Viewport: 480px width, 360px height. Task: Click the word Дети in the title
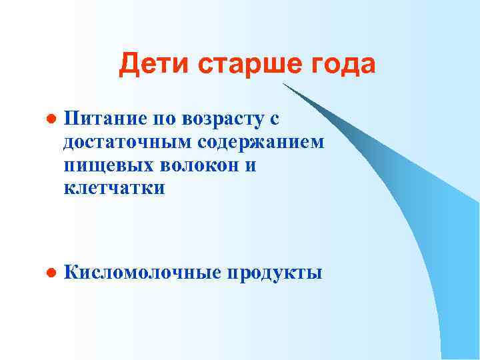(x=147, y=65)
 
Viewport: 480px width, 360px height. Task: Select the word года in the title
(x=343, y=65)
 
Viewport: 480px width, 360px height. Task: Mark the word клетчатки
(x=113, y=187)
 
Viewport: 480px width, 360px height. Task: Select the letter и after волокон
(x=250, y=165)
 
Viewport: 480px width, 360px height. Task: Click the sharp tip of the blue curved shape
(x=283, y=84)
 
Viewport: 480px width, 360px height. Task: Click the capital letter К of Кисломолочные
(x=70, y=272)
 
